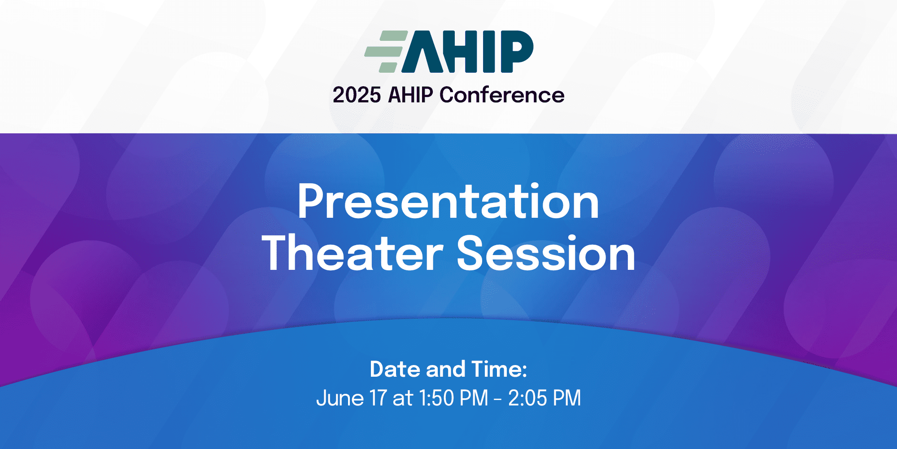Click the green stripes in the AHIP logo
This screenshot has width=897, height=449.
[386, 52]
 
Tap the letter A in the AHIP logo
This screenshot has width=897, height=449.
[424, 52]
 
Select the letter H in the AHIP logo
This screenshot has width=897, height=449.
[464, 52]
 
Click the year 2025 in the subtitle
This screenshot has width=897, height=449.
[357, 95]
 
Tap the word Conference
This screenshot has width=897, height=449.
[502, 95]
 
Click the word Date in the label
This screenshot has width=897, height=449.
[395, 369]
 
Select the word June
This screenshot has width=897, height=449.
[340, 398]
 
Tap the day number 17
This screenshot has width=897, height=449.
[379, 398]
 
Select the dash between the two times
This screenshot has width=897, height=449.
[498, 399]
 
